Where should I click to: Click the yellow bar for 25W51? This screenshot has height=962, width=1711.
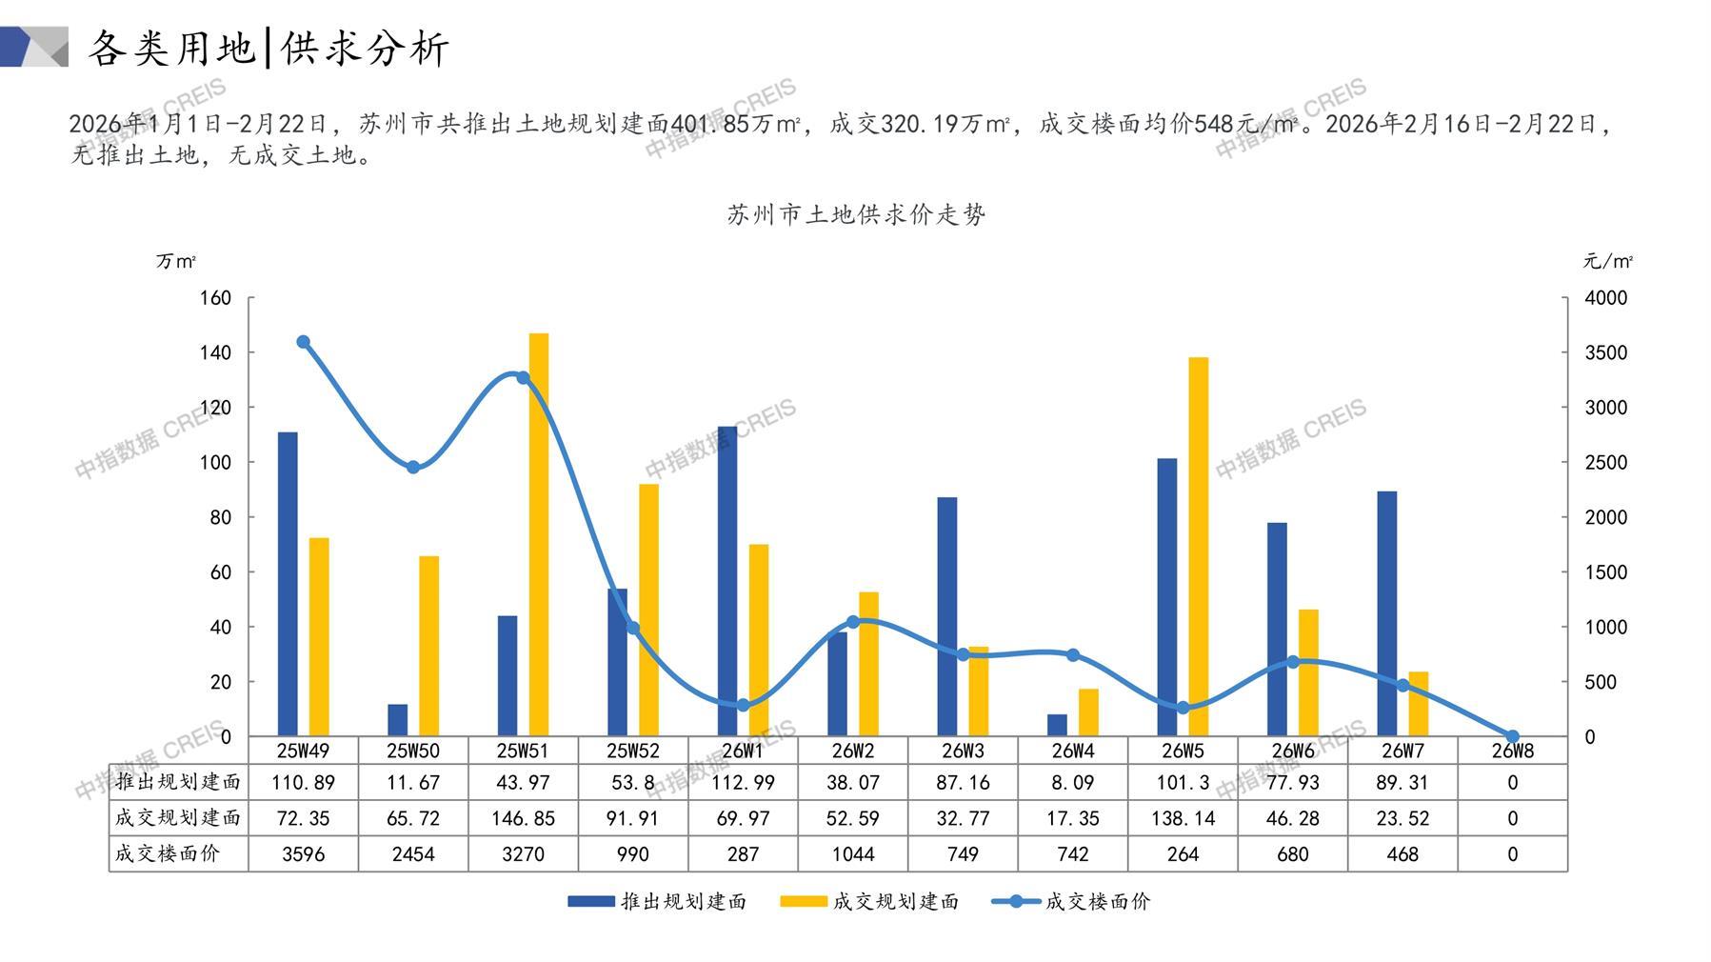click(x=539, y=534)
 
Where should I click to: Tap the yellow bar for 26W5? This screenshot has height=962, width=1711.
click(x=1199, y=547)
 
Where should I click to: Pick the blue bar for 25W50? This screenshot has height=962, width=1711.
click(x=398, y=720)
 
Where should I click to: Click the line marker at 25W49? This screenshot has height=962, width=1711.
click(x=304, y=342)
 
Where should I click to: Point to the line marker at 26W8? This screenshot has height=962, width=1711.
click(x=1513, y=736)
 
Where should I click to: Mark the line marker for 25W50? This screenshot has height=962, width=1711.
click(x=413, y=467)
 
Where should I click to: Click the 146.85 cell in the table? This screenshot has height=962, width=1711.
click(x=523, y=818)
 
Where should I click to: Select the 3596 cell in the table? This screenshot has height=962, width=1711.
click(x=304, y=854)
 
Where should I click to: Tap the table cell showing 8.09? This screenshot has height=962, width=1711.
click(x=1073, y=783)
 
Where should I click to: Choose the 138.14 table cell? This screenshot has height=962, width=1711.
click(x=1183, y=818)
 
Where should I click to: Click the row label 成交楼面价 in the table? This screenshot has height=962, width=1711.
click(x=168, y=853)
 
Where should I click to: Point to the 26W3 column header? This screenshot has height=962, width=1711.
click(x=963, y=751)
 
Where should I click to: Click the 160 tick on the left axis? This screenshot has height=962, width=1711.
click(x=215, y=298)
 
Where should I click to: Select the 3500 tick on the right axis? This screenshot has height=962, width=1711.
click(x=1605, y=352)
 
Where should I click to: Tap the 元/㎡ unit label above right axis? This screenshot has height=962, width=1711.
click(x=1607, y=261)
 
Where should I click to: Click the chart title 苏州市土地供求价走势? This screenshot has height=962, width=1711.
click(x=856, y=215)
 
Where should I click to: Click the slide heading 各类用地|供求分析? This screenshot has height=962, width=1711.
click(x=269, y=48)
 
